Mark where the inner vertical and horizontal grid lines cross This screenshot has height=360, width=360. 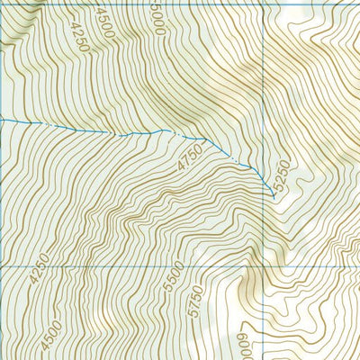(265, 267)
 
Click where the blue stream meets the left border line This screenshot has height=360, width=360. (2, 120)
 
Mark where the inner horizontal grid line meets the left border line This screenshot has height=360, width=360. (2, 267)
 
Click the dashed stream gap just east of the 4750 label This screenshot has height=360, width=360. (236, 159)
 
